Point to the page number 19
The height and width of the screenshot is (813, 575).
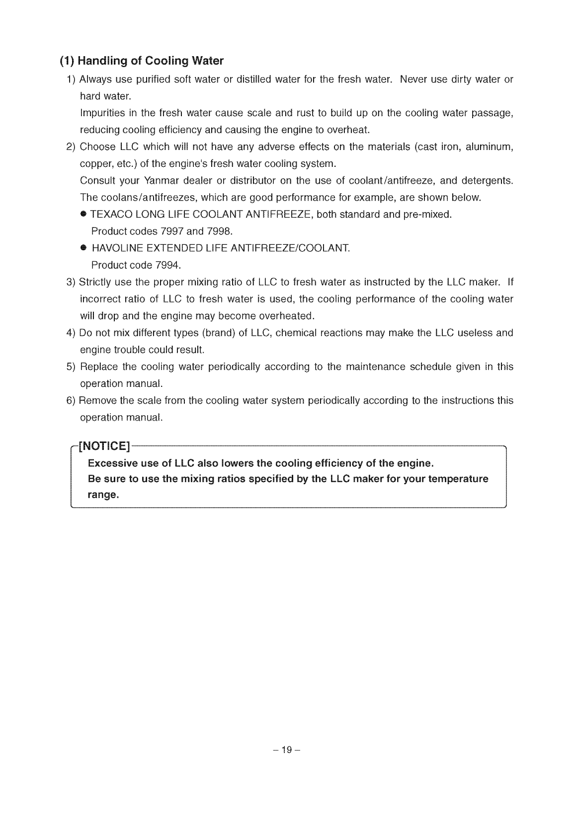(287, 750)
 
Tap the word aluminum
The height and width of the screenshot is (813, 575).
(489, 147)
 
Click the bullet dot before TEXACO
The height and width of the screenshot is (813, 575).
(83, 215)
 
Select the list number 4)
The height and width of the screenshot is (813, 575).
(71, 333)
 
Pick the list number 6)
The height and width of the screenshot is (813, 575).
(71, 400)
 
